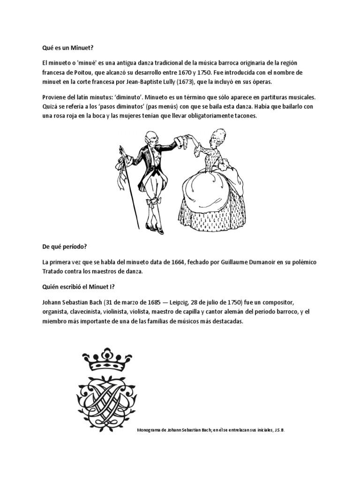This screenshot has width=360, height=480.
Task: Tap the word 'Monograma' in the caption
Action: pos(149,429)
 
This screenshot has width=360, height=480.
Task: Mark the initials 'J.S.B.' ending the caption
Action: pos(279,429)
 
